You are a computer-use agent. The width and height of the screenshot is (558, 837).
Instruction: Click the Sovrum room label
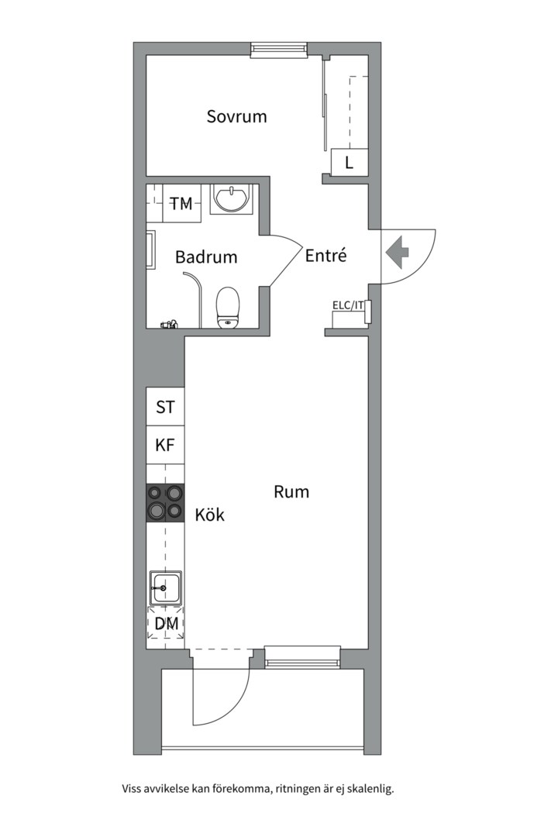[236, 117]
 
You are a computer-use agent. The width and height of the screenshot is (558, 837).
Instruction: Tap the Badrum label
[206, 257]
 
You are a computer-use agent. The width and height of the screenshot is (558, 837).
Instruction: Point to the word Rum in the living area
[291, 491]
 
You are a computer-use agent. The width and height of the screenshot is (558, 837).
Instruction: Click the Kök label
[209, 515]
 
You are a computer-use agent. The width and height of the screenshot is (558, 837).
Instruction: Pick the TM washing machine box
[181, 204]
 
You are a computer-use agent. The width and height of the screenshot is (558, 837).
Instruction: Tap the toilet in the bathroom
[228, 307]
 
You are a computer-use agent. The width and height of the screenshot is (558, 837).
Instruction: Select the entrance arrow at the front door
[398, 250]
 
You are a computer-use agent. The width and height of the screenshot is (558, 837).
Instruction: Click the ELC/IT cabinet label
[348, 305]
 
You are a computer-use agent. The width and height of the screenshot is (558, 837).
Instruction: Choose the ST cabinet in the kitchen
[165, 407]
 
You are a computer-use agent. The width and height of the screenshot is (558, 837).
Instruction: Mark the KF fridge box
[165, 446]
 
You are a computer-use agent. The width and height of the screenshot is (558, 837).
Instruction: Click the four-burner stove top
[165, 502]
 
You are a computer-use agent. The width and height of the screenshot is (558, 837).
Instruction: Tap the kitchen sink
[165, 588]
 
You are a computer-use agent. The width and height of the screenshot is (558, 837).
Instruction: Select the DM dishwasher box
[166, 624]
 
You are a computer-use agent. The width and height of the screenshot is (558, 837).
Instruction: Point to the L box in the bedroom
[349, 164]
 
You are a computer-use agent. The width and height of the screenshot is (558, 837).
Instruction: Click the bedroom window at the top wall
[280, 50]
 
